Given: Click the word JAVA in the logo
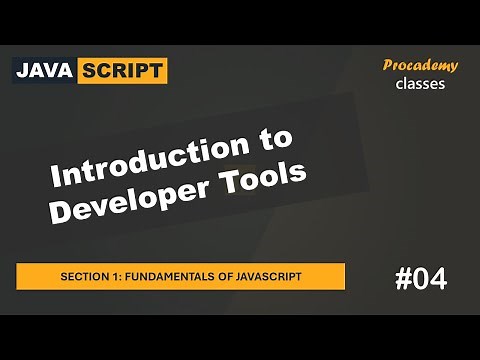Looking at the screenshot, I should (x=47, y=70).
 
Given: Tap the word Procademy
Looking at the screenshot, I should (x=421, y=65).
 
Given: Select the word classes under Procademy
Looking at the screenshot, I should (x=421, y=84).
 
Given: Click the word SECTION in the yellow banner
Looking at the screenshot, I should (x=85, y=276).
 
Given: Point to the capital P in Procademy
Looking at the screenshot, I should (x=389, y=65).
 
